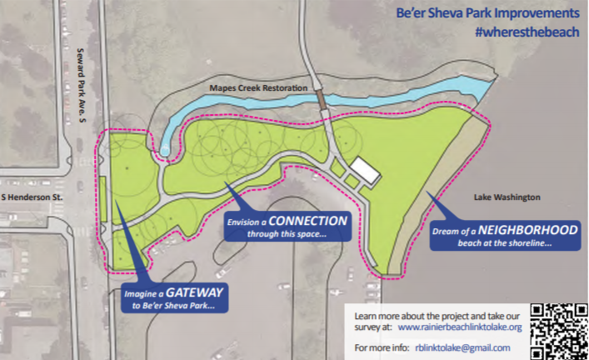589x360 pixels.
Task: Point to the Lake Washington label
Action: [507, 197]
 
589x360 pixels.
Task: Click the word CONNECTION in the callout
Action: [307, 221]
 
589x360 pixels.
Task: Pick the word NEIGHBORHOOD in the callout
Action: [502, 230]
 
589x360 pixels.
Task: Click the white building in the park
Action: [364, 170]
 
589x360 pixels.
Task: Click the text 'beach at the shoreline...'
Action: [496, 244]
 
